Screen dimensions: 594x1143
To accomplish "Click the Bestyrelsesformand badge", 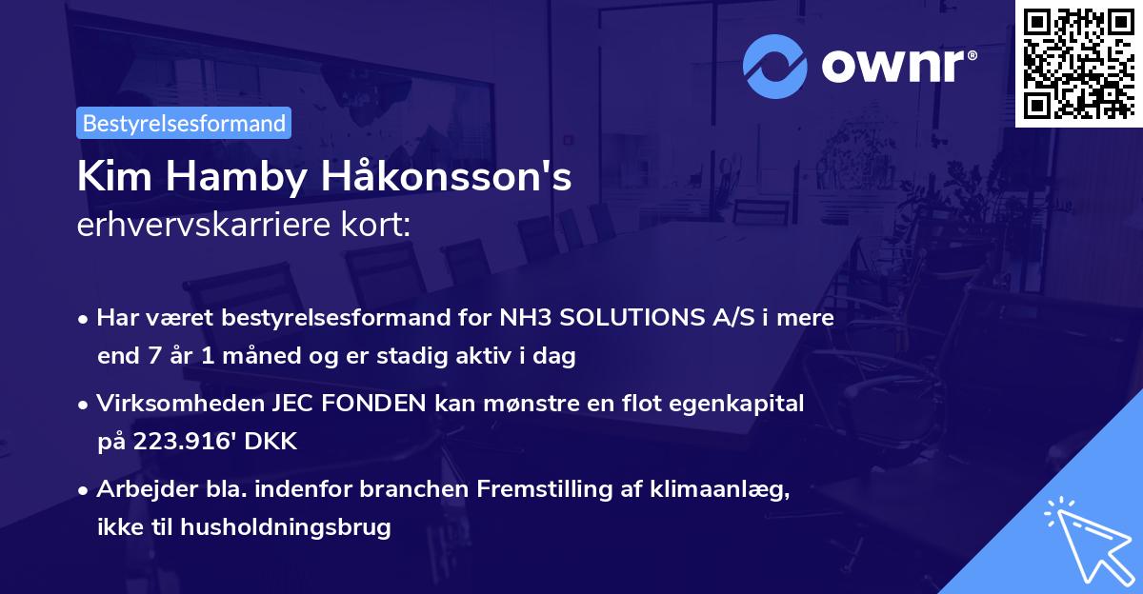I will [184, 123].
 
